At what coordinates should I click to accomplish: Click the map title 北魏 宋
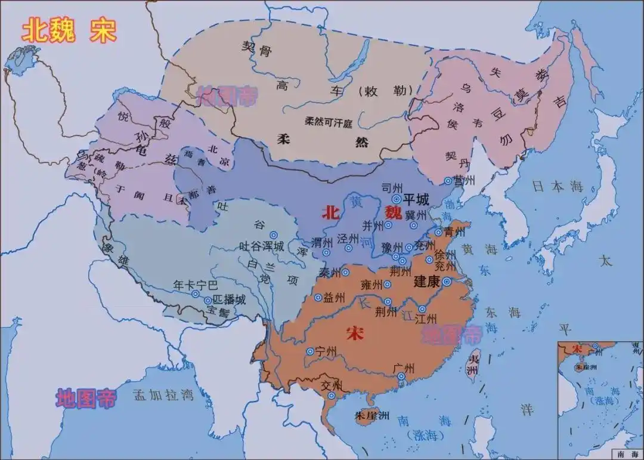point(69,32)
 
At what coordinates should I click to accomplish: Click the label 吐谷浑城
point(261,246)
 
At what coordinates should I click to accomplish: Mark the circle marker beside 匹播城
point(208,301)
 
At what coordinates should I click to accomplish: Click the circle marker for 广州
point(401,376)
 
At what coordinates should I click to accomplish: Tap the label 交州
point(332,385)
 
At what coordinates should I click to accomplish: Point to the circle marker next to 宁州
point(310,351)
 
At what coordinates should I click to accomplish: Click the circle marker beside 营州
point(448,181)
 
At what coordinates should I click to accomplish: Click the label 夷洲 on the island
point(472,365)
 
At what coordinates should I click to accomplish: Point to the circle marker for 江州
point(422,308)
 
